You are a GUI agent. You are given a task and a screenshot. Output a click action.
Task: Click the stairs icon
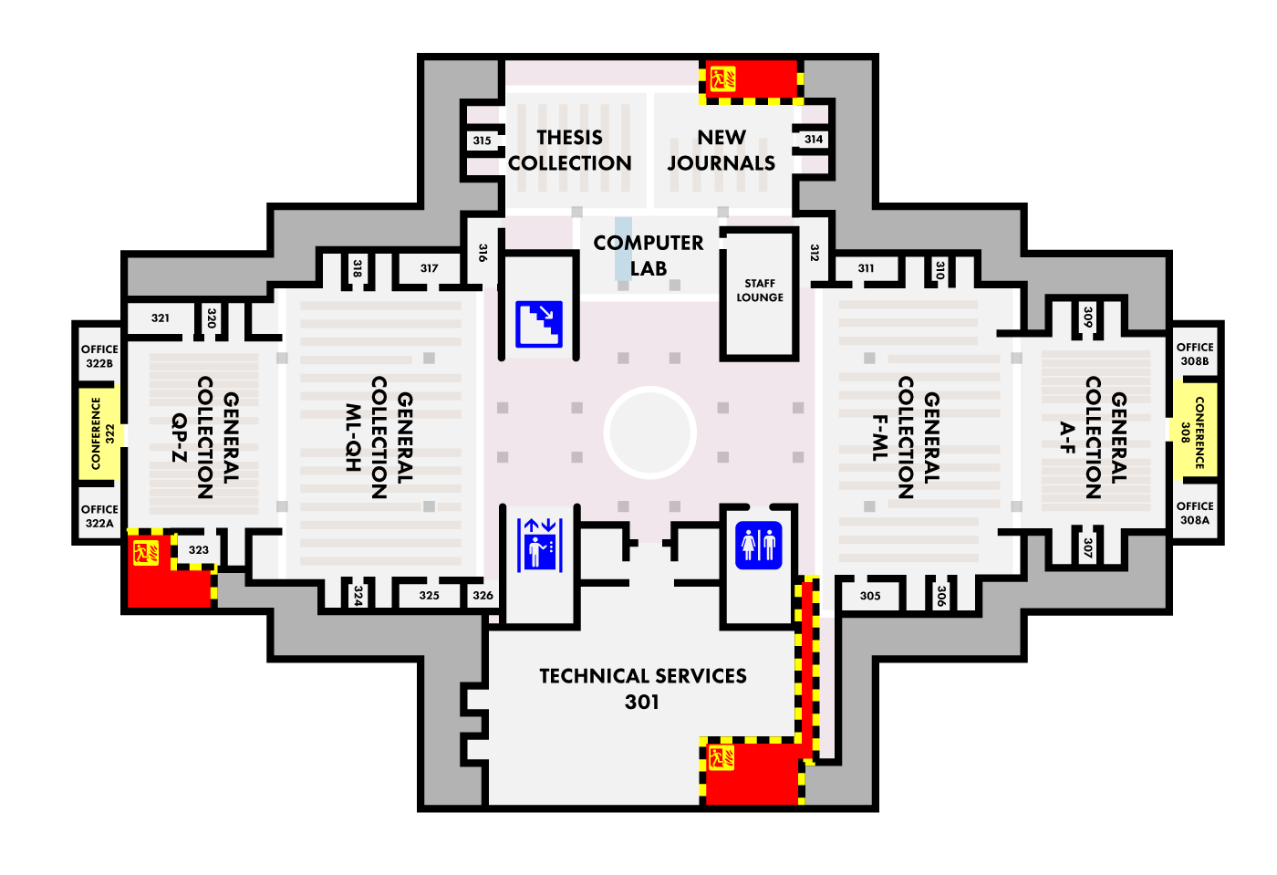click(539, 324)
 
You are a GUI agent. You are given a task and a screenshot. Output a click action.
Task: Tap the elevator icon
click(540, 545)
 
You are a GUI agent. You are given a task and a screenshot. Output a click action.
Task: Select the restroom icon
click(759, 546)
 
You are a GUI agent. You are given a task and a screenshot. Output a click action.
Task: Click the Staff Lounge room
click(760, 291)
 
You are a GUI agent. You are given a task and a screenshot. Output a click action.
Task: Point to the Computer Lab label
click(649, 255)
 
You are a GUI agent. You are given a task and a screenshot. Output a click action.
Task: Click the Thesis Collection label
click(570, 151)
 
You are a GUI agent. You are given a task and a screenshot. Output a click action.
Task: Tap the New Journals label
click(722, 151)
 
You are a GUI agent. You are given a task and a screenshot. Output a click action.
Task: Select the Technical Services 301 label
click(643, 689)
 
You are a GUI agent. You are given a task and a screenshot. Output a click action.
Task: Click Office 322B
click(99, 356)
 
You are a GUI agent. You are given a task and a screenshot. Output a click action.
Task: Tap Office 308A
click(1195, 513)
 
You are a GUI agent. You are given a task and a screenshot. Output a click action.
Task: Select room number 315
click(482, 141)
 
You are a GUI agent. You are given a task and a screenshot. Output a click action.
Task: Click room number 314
click(814, 140)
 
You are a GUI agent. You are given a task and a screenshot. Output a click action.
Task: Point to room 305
click(870, 596)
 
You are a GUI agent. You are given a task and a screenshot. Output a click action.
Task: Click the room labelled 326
click(483, 596)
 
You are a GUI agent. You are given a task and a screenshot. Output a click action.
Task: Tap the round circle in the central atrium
click(649, 432)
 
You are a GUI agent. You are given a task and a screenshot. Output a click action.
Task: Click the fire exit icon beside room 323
click(146, 553)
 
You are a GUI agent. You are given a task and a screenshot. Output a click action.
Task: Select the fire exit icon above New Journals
click(722, 78)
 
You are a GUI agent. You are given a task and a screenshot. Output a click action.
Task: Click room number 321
click(161, 318)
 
